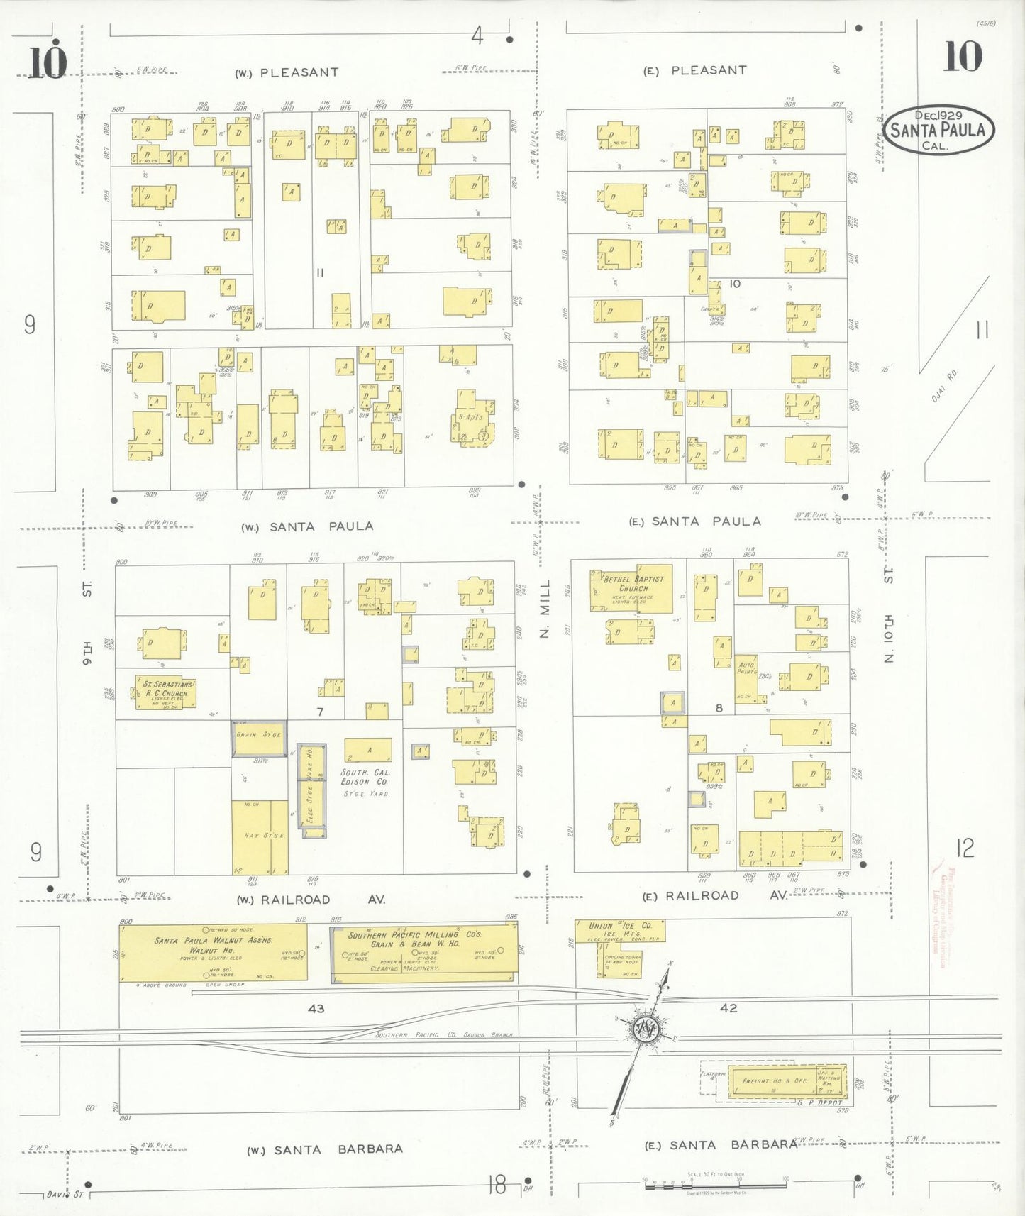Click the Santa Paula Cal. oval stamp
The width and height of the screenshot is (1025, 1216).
[938, 131]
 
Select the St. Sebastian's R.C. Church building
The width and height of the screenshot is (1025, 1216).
[166, 692]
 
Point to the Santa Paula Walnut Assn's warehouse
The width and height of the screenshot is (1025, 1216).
[213, 951]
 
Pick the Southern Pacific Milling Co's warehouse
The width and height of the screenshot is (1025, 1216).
[424, 954]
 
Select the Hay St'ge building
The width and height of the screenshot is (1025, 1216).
[260, 837]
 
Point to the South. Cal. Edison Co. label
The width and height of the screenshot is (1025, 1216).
[365, 778]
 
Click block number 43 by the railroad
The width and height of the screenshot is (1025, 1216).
[316, 1008]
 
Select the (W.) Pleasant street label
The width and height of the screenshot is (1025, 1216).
[287, 72]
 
